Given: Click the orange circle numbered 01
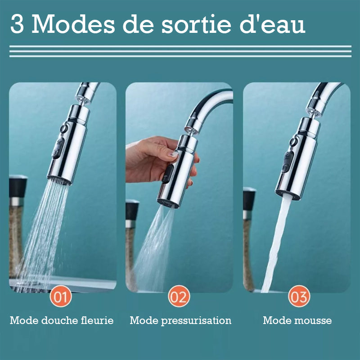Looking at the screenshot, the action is click(x=61, y=296).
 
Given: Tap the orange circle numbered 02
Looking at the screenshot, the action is click(x=179, y=296).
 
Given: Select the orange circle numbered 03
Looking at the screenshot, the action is click(x=299, y=296).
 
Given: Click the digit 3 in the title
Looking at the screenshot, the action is click(x=17, y=24).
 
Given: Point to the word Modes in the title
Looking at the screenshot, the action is click(x=73, y=24).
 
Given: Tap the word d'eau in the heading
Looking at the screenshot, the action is click(x=273, y=24).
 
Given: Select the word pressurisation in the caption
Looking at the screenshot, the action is click(x=196, y=320).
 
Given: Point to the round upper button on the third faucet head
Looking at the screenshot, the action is click(x=294, y=141).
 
